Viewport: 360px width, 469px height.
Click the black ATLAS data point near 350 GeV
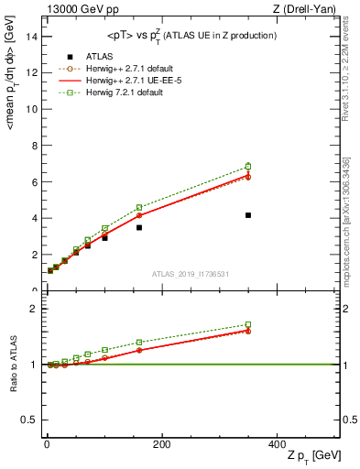pyautogui.click(x=248, y=215)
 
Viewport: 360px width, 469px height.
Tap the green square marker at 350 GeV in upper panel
pyautogui.click(x=248, y=167)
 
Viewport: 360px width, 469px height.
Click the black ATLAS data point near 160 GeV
pyautogui.click(x=139, y=227)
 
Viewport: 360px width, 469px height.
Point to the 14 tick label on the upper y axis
pyautogui.click(x=30, y=36)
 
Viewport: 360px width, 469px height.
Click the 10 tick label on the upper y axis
pyautogui.click(x=30, y=109)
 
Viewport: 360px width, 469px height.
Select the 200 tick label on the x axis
pyautogui.click(x=161, y=444)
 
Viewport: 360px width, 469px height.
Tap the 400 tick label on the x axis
pyautogui.click(x=277, y=444)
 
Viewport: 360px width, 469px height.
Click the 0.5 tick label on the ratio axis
pyautogui.click(x=27, y=420)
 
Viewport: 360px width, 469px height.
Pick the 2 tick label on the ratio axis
pyautogui.click(x=32, y=309)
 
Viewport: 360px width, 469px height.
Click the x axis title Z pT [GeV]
pyautogui.click(x=311, y=456)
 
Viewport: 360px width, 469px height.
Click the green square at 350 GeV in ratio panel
pyautogui.click(x=248, y=324)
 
